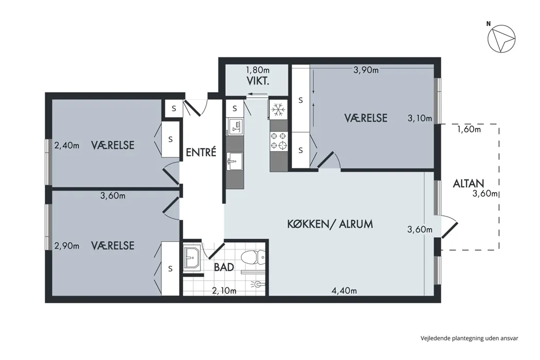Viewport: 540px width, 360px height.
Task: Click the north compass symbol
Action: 501,39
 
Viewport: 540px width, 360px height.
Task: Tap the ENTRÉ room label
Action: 201,152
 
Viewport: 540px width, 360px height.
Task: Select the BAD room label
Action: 224,267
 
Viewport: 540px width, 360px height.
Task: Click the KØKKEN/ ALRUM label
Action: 330,224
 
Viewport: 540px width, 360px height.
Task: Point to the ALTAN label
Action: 469,183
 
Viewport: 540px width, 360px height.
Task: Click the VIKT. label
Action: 258,82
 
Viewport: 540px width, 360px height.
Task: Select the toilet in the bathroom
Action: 253,257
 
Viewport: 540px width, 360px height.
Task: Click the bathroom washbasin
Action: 192,257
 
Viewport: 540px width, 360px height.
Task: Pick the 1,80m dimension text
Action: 258,70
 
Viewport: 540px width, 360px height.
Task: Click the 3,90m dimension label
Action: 366,70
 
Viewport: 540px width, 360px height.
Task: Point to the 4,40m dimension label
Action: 344,291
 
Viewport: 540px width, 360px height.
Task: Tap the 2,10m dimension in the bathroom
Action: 224,291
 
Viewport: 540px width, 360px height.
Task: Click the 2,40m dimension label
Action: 67,146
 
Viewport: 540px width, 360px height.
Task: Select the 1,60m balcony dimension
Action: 469,130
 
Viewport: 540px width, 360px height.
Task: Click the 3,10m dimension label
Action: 420,118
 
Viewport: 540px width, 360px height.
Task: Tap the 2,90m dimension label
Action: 67,246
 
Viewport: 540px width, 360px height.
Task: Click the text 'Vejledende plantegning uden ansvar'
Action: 469,338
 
